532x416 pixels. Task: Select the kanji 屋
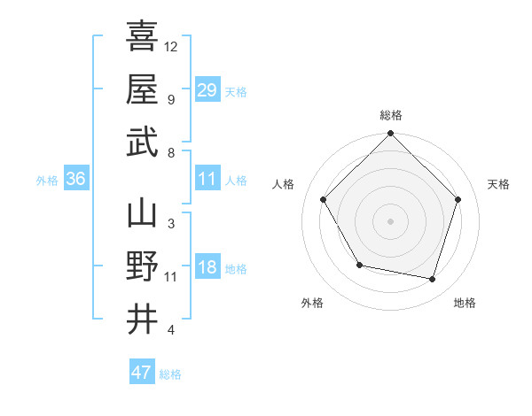pyautogui.click(x=142, y=89)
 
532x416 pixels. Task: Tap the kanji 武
pyautogui.click(x=142, y=142)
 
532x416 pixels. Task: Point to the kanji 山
pyautogui.click(x=142, y=213)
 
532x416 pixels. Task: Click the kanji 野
pyautogui.click(x=142, y=266)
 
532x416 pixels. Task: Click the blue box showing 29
pyautogui.click(x=207, y=89)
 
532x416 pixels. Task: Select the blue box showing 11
pyautogui.click(x=207, y=179)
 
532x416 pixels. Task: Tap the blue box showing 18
pyautogui.click(x=207, y=267)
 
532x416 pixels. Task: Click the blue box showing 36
pyautogui.click(x=75, y=179)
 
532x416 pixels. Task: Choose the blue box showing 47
pyautogui.click(x=142, y=373)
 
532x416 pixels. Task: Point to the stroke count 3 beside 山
pyautogui.click(x=170, y=223)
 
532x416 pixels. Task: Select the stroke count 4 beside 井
pyautogui.click(x=170, y=330)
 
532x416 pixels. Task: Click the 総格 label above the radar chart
pyautogui.click(x=390, y=115)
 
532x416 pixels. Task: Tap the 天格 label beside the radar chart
pyautogui.click(x=499, y=184)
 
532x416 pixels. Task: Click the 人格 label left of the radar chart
pyautogui.click(x=283, y=184)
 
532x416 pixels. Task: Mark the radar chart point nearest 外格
pyautogui.click(x=358, y=265)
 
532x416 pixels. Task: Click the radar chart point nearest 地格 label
pyautogui.click(x=432, y=279)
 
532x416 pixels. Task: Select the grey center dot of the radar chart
pyautogui.click(x=390, y=220)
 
